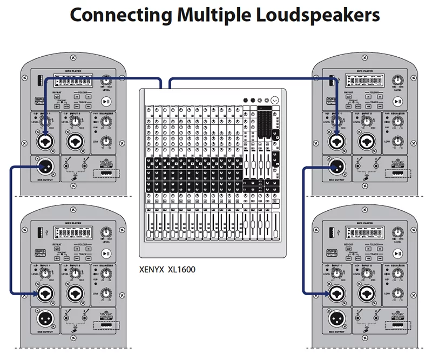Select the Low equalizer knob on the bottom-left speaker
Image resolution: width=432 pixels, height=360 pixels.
[x=106, y=295]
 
